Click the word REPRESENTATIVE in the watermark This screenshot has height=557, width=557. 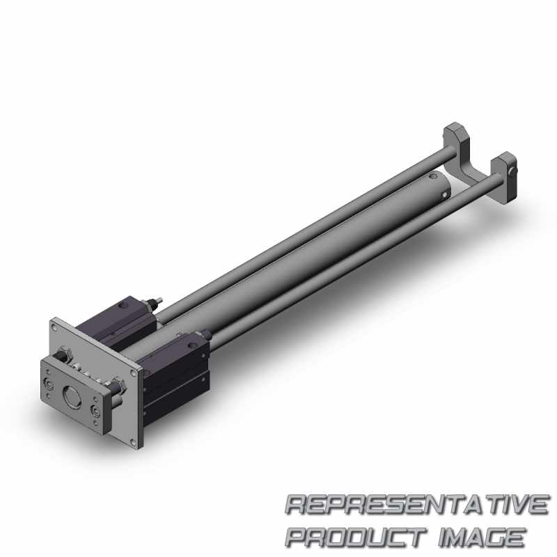(416, 505)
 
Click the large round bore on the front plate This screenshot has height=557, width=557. (70, 393)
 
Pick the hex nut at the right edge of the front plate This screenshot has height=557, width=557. (118, 386)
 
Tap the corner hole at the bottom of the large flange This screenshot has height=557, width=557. (133, 442)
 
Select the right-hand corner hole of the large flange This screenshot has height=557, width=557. (134, 373)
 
